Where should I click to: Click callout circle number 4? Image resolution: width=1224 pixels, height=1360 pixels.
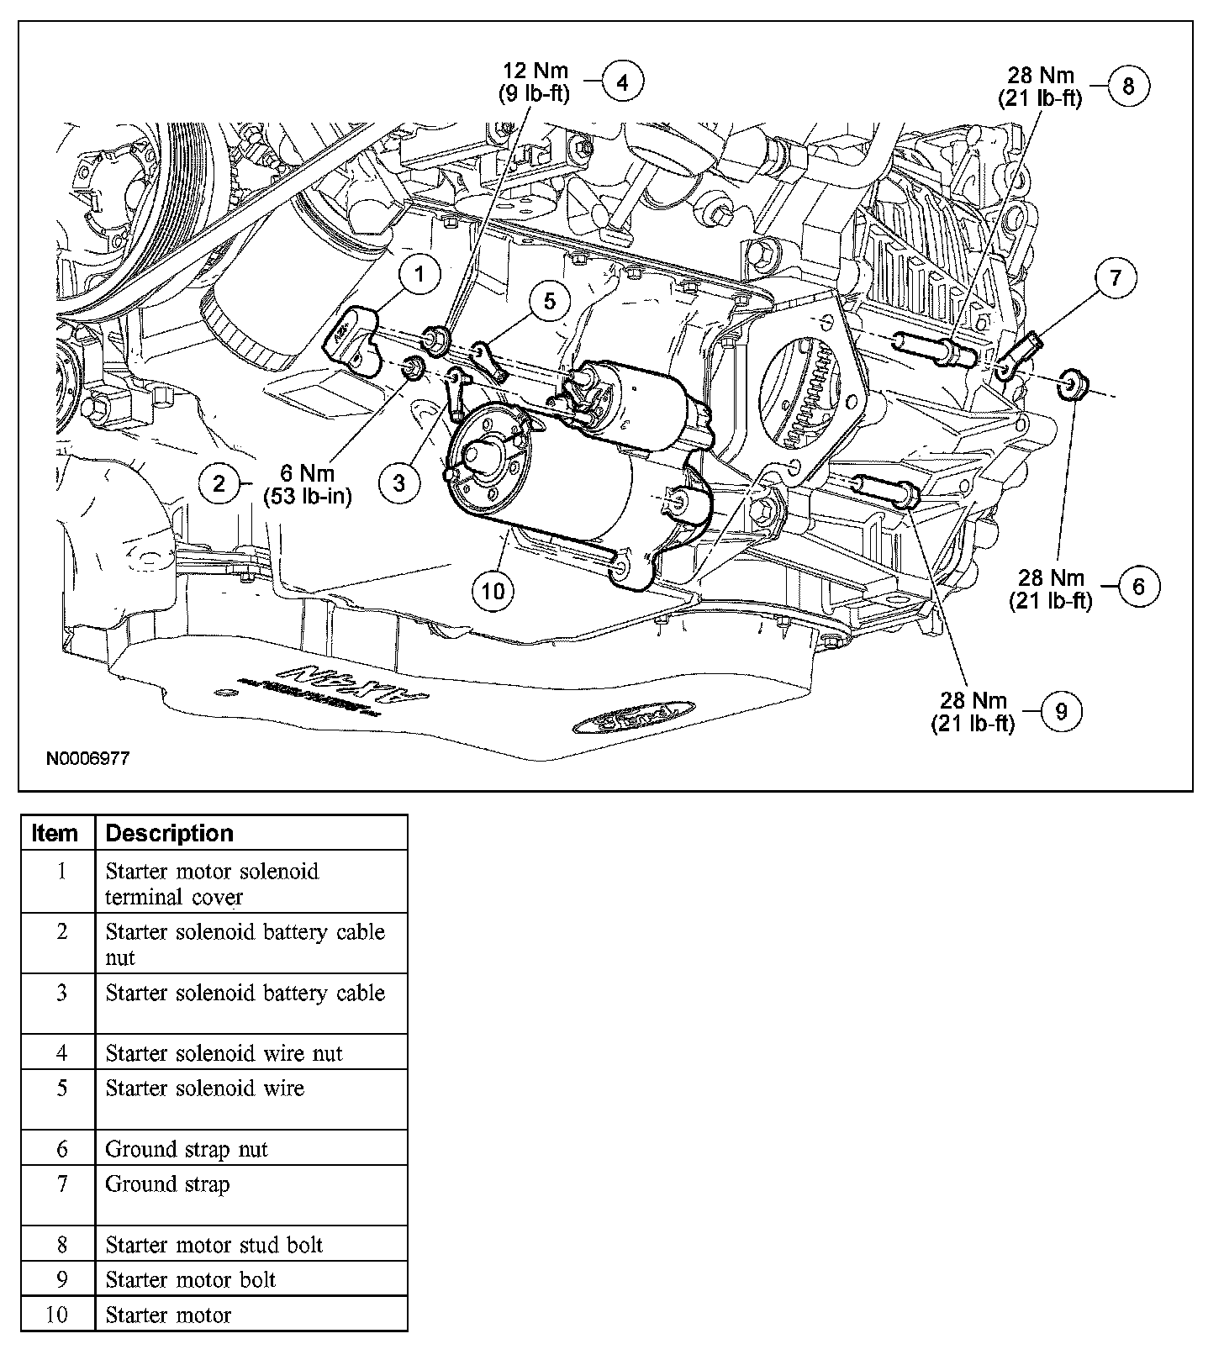(x=623, y=82)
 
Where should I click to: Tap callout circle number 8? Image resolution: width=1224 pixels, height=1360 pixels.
(x=1128, y=86)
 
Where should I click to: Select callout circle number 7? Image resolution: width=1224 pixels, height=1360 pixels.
(x=1116, y=278)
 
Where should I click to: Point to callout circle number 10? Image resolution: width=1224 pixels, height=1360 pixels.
(x=493, y=591)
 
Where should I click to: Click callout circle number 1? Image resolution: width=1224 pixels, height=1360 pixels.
(x=421, y=273)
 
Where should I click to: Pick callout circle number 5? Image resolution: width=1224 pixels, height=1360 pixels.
(x=549, y=301)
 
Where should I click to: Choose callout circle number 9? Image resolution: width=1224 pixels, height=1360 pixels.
(x=1061, y=712)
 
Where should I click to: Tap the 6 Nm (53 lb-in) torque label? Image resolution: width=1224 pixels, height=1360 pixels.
(x=308, y=485)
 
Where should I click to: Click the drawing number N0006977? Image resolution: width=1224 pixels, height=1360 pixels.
(x=88, y=758)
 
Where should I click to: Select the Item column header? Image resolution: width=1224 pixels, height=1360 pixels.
(x=55, y=833)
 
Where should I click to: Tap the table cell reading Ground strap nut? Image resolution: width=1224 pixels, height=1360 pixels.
(x=187, y=1148)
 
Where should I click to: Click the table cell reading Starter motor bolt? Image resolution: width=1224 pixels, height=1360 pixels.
(x=191, y=1279)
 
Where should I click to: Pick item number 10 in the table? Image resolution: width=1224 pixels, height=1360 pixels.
(x=56, y=1315)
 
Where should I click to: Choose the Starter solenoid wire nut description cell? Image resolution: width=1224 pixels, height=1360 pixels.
(x=224, y=1052)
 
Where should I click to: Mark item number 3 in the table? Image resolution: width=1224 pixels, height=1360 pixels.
(x=61, y=993)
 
